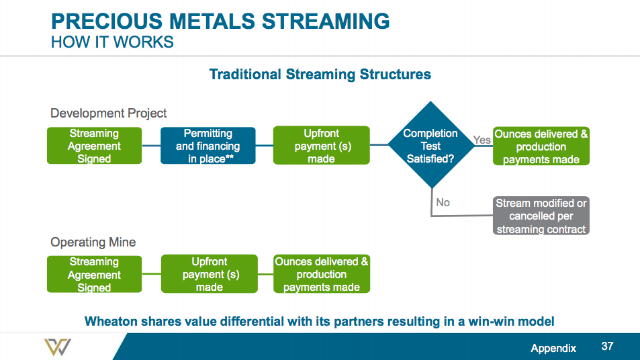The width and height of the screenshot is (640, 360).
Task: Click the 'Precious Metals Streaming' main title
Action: tap(220, 21)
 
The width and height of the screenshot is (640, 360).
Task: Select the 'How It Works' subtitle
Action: tap(112, 42)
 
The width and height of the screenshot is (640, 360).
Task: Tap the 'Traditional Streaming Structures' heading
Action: tap(320, 74)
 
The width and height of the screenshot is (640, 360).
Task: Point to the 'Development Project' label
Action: tap(108, 113)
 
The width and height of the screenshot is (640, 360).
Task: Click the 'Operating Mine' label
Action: tap(93, 242)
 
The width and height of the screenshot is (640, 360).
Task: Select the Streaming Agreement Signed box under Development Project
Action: tap(94, 146)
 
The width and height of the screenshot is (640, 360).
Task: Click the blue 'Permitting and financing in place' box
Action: tap(208, 146)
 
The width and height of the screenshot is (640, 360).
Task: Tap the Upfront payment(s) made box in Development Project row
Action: tap(321, 146)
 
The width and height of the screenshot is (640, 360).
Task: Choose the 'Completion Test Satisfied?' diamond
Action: tap(430, 146)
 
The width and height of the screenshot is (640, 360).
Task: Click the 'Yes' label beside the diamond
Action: tap(482, 140)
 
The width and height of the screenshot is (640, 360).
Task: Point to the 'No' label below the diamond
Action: tap(443, 202)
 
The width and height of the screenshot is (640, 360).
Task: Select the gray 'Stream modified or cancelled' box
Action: tap(541, 216)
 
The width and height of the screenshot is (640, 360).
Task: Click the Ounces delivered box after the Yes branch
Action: tap(541, 146)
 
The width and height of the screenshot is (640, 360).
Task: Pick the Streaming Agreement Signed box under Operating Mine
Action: tap(94, 274)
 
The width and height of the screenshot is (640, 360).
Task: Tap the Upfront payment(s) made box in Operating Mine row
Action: tap(209, 274)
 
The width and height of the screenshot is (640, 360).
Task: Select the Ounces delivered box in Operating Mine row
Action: tap(321, 274)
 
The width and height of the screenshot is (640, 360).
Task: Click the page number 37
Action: tap(607, 347)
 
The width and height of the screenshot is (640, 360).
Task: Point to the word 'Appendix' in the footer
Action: tap(553, 348)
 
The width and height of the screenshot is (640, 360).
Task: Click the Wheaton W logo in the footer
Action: tap(57, 347)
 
